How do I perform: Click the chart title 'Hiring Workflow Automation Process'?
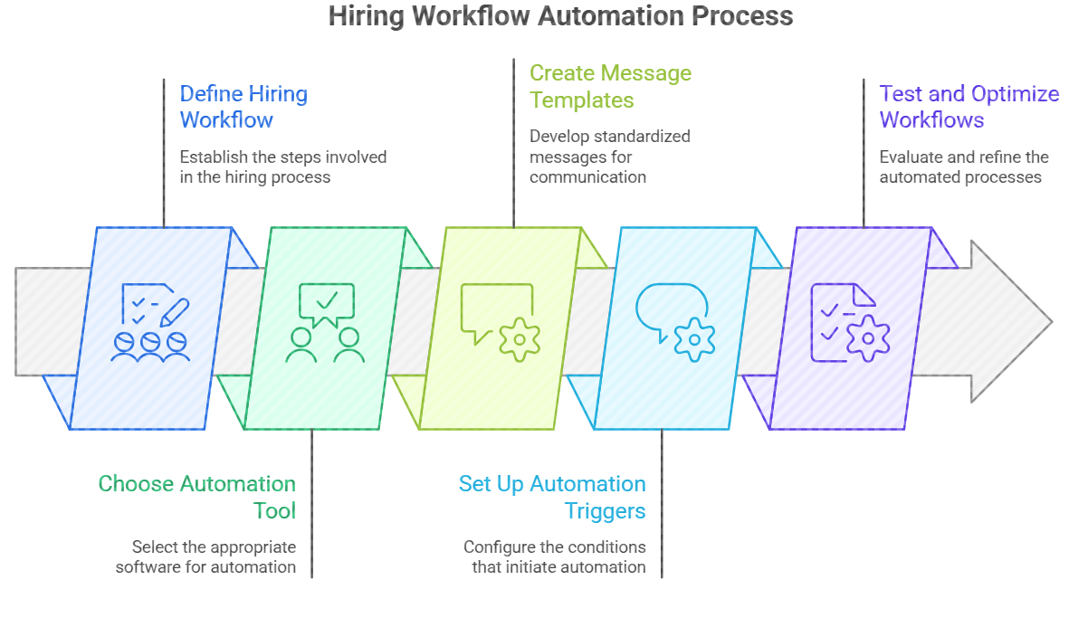click(560, 16)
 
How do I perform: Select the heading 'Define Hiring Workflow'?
click(243, 107)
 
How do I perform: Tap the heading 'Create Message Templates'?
click(610, 86)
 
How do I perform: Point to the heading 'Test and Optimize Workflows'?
click(969, 107)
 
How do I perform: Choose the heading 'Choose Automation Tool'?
click(197, 497)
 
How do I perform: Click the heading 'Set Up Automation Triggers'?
click(552, 497)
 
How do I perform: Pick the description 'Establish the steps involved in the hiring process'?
click(282, 167)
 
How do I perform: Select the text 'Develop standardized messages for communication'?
click(609, 157)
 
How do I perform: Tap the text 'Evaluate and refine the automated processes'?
click(963, 167)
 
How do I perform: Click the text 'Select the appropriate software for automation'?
click(205, 557)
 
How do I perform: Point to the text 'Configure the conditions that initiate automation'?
click(554, 557)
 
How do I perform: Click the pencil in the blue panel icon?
click(175, 312)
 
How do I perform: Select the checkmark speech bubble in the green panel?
click(326, 304)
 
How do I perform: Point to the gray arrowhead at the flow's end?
click(1009, 321)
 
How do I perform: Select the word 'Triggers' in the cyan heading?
click(605, 510)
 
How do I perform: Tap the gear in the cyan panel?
click(694, 338)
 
